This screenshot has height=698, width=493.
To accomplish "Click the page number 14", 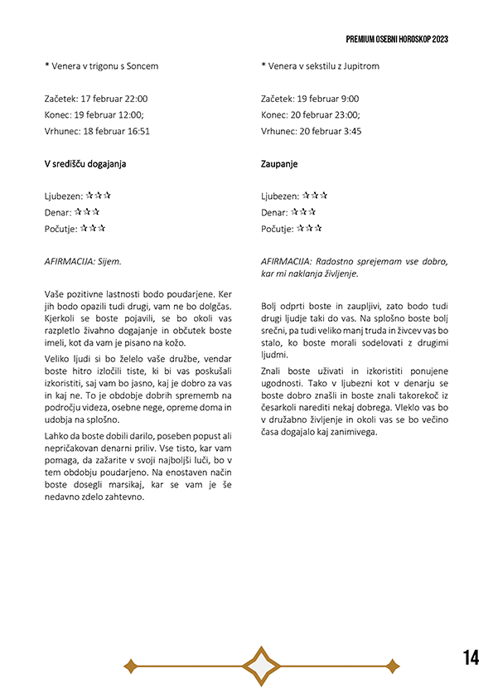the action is (471, 658).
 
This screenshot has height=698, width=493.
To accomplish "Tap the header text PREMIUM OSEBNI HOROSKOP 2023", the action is (398, 39).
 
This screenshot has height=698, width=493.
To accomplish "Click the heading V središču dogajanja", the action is (85, 164).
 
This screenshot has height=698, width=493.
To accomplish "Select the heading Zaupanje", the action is (279, 164).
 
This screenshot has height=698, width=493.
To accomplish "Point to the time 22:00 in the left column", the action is (135, 99).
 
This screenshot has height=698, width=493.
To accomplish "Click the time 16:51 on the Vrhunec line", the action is (136, 131).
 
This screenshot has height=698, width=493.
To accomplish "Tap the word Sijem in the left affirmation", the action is (108, 261).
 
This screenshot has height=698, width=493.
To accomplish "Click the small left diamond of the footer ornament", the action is (130, 665).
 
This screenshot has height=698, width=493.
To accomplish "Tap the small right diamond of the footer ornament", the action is (393, 665).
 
